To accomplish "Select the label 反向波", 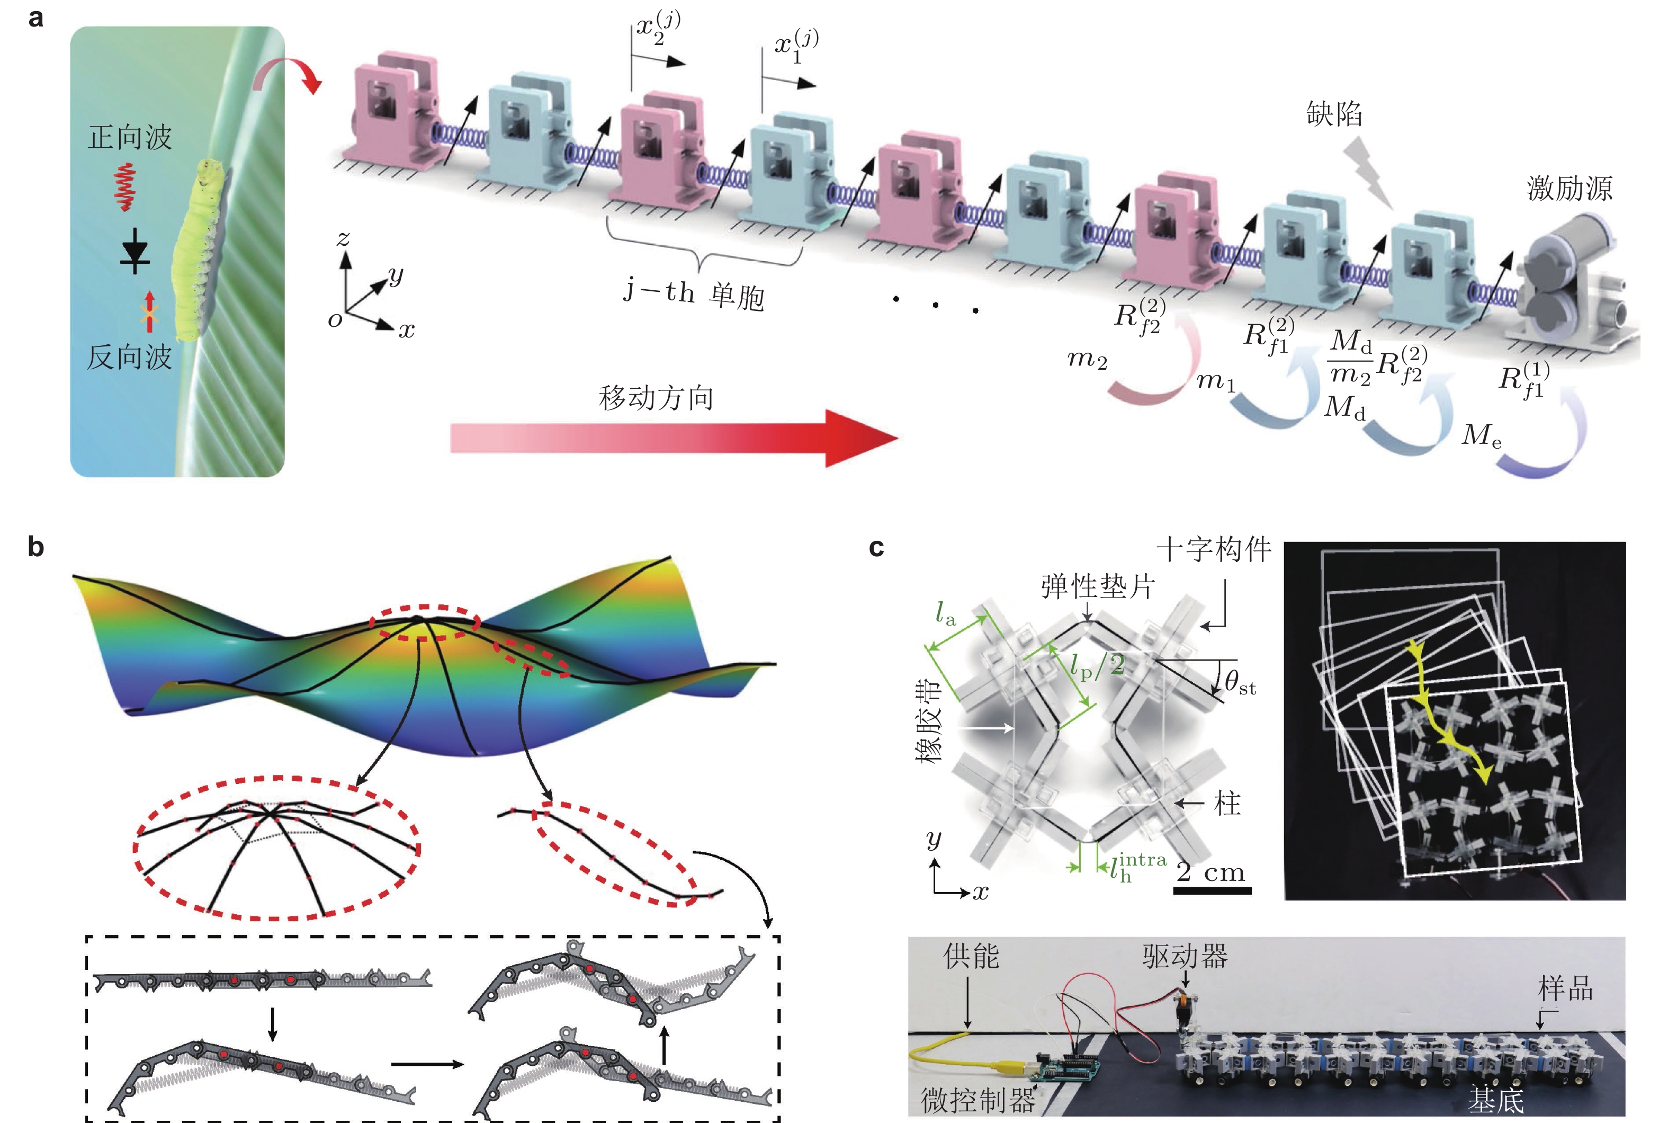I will point(130,356).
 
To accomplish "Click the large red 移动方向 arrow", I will point(673,438).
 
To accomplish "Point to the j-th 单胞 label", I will point(693,293).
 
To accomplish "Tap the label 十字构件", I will point(1214,549).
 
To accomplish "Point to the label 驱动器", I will point(1185,956).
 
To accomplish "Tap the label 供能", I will point(971,956).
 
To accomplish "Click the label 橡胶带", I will point(928,721).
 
